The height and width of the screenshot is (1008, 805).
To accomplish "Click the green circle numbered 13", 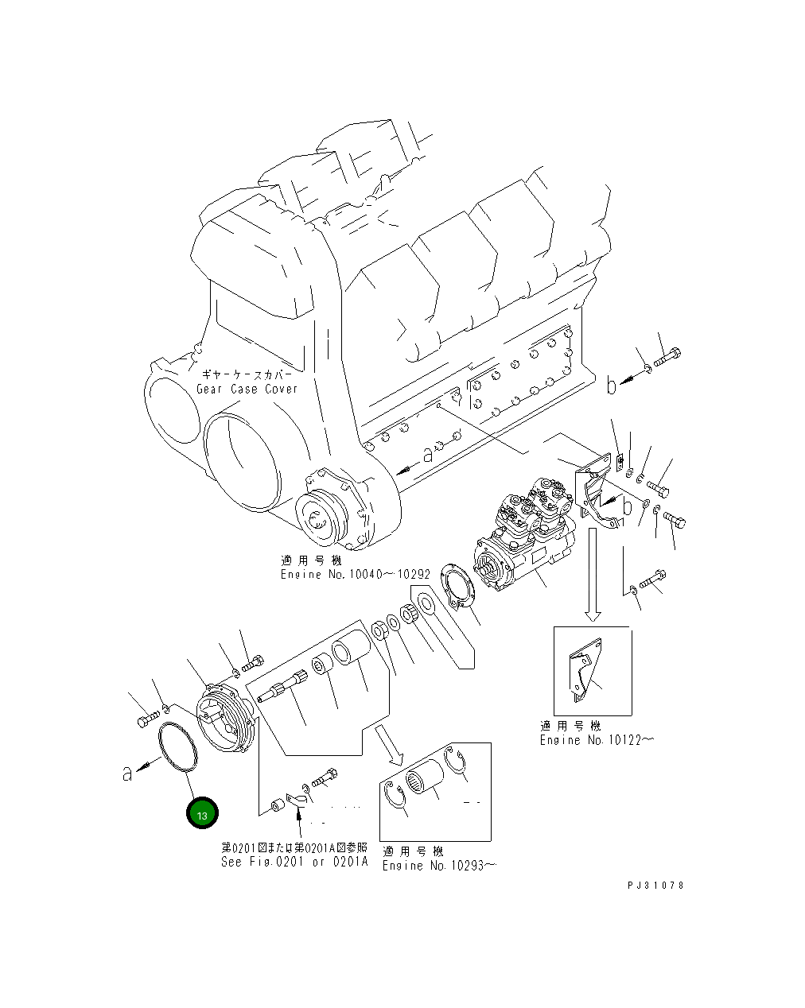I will pos(201,815).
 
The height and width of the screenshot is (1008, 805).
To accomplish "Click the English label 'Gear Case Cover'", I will pos(247,389).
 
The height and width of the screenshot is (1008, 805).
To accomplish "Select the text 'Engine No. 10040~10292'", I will pos(355,574).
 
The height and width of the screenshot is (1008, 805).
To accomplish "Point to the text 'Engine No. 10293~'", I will pos(438,866).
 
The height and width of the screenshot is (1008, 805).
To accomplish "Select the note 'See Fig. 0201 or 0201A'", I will pos(294,863).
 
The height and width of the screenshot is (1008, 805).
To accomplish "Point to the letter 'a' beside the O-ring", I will pos(126,773).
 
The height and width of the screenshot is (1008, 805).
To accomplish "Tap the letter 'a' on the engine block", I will pos(427,455).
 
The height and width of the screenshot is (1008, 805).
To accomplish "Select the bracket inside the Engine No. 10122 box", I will pos(585,673).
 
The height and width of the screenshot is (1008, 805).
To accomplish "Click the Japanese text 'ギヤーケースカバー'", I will pos(239,374).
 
